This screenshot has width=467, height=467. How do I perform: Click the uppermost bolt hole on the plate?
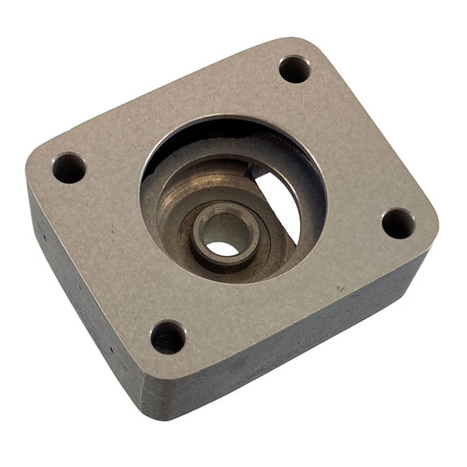(x=294, y=68)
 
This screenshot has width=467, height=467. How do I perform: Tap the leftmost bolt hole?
(x=69, y=168)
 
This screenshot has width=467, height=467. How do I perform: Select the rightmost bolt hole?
(x=398, y=222)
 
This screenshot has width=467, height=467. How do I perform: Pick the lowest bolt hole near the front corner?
(x=168, y=336)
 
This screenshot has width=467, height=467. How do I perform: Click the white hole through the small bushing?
(x=222, y=248)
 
